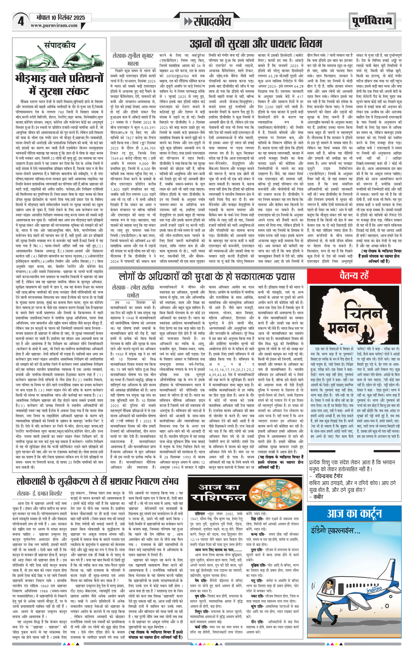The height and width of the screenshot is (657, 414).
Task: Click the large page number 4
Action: pyautogui.click(x=21, y=21)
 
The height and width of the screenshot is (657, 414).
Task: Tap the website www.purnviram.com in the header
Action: pyautogui.click(x=54, y=25)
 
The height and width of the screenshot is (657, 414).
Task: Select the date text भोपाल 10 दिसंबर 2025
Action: pyautogui.click(x=61, y=18)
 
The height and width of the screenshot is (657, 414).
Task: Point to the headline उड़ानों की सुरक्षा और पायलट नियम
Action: pyautogui.click(x=256, y=44)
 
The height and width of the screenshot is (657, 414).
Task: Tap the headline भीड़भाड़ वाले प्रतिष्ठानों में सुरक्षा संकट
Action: pyautogui.click(x=59, y=85)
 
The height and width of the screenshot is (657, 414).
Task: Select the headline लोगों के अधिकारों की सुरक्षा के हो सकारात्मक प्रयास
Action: pyautogui.click(x=207, y=276)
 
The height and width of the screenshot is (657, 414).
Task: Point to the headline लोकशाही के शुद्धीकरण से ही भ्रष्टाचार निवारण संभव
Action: pyautogui.click(x=98, y=481)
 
